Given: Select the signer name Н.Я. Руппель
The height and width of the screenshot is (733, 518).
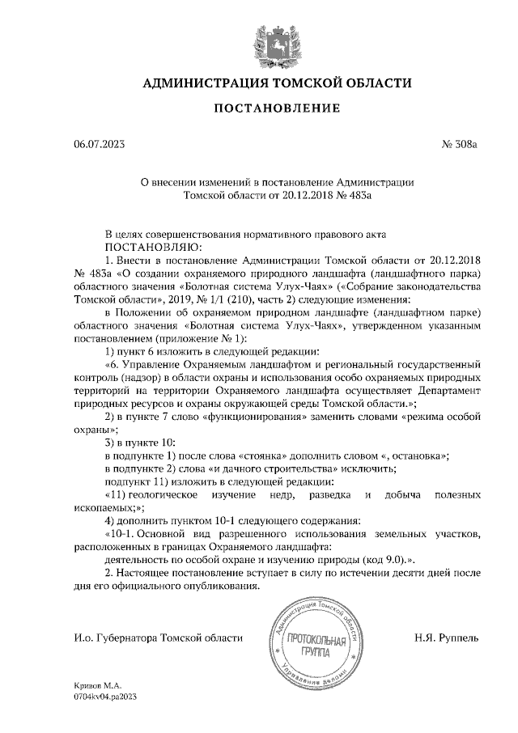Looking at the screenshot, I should pos(446,638).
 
